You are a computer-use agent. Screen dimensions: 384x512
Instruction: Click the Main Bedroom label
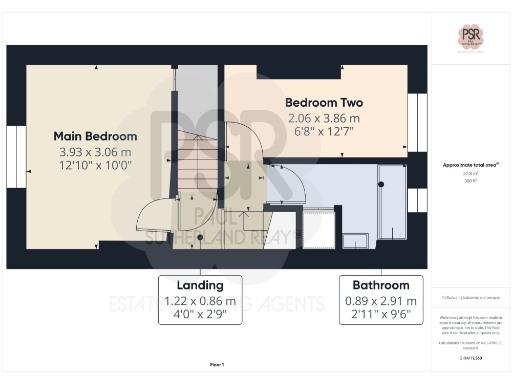click(95, 136)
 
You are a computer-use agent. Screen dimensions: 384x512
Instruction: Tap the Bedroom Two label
click(323, 103)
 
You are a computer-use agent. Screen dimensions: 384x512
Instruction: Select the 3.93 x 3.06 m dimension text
click(95, 151)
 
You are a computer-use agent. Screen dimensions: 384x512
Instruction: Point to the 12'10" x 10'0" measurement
click(95, 165)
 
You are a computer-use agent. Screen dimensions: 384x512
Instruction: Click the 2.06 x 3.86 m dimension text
click(323, 118)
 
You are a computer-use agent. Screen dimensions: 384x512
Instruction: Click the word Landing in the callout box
click(201, 285)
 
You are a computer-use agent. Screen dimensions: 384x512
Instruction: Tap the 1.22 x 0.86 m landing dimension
click(201, 300)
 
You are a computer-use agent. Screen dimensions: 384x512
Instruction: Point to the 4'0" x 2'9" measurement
click(201, 314)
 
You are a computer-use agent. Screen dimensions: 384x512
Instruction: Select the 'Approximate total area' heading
click(471, 164)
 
